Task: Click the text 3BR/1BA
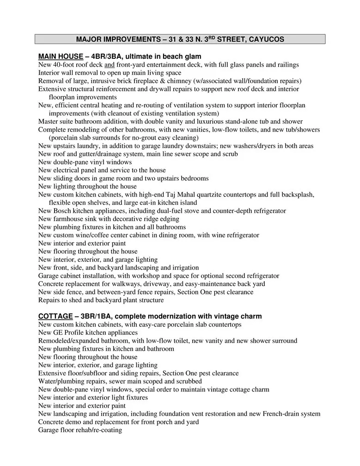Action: pos(95,316)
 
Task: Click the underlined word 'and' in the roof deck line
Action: pos(109,65)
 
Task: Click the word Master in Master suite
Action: pos(48,122)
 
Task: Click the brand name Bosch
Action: pos(63,211)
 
